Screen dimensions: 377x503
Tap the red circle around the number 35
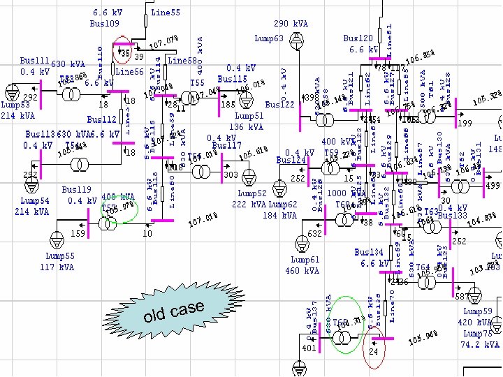[x=124, y=52]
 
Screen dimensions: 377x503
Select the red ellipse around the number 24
[x=374, y=330]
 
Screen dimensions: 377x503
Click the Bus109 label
[x=104, y=24]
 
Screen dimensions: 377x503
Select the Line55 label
[x=166, y=13]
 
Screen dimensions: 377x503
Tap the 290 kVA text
[x=291, y=24]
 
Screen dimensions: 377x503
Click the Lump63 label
[x=269, y=38]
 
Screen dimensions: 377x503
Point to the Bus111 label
[x=34, y=61]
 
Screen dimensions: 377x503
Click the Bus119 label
[x=76, y=190]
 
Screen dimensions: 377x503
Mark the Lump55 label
[x=60, y=256]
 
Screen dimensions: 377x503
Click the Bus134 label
[x=369, y=253]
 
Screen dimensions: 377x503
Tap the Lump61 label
[x=305, y=260]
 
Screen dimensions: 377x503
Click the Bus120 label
[x=358, y=39]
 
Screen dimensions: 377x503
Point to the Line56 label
[x=129, y=72]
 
